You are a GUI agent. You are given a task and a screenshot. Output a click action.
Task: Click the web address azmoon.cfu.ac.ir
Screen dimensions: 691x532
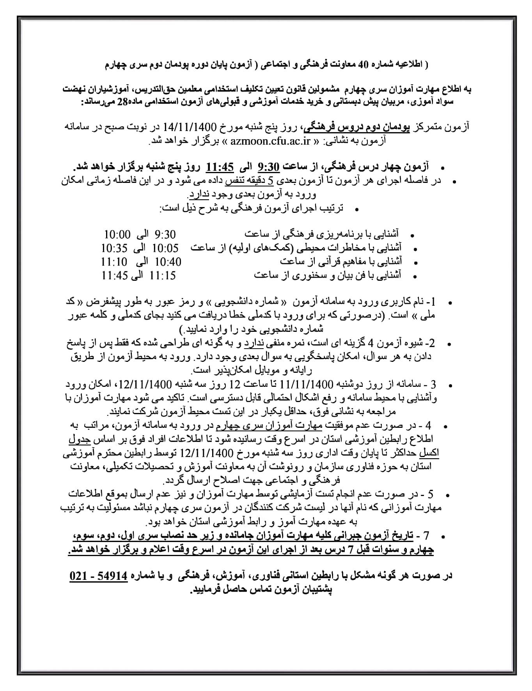(x=270, y=141)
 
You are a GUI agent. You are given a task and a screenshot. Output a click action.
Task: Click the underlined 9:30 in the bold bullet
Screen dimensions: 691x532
(x=269, y=167)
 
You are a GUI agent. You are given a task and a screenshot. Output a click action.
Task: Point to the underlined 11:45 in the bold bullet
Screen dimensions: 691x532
(x=220, y=167)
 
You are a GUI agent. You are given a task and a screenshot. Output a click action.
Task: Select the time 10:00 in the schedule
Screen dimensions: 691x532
(x=117, y=234)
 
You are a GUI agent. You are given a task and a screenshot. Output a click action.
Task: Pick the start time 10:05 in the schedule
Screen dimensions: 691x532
(x=165, y=248)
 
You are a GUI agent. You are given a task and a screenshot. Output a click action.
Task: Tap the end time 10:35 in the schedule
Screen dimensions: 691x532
(x=114, y=248)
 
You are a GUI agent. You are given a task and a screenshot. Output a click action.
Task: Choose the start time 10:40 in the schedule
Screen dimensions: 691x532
(x=168, y=262)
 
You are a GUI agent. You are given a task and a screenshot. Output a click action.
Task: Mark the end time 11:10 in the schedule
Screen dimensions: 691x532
(x=114, y=262)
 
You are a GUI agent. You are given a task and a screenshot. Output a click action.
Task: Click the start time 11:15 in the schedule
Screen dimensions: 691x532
(x=163, y=275)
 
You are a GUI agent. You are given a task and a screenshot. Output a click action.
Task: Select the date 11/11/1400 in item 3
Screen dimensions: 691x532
(x=308, y=384)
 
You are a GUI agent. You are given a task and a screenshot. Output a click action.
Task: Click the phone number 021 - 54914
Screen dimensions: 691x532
(x=99, y=576)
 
